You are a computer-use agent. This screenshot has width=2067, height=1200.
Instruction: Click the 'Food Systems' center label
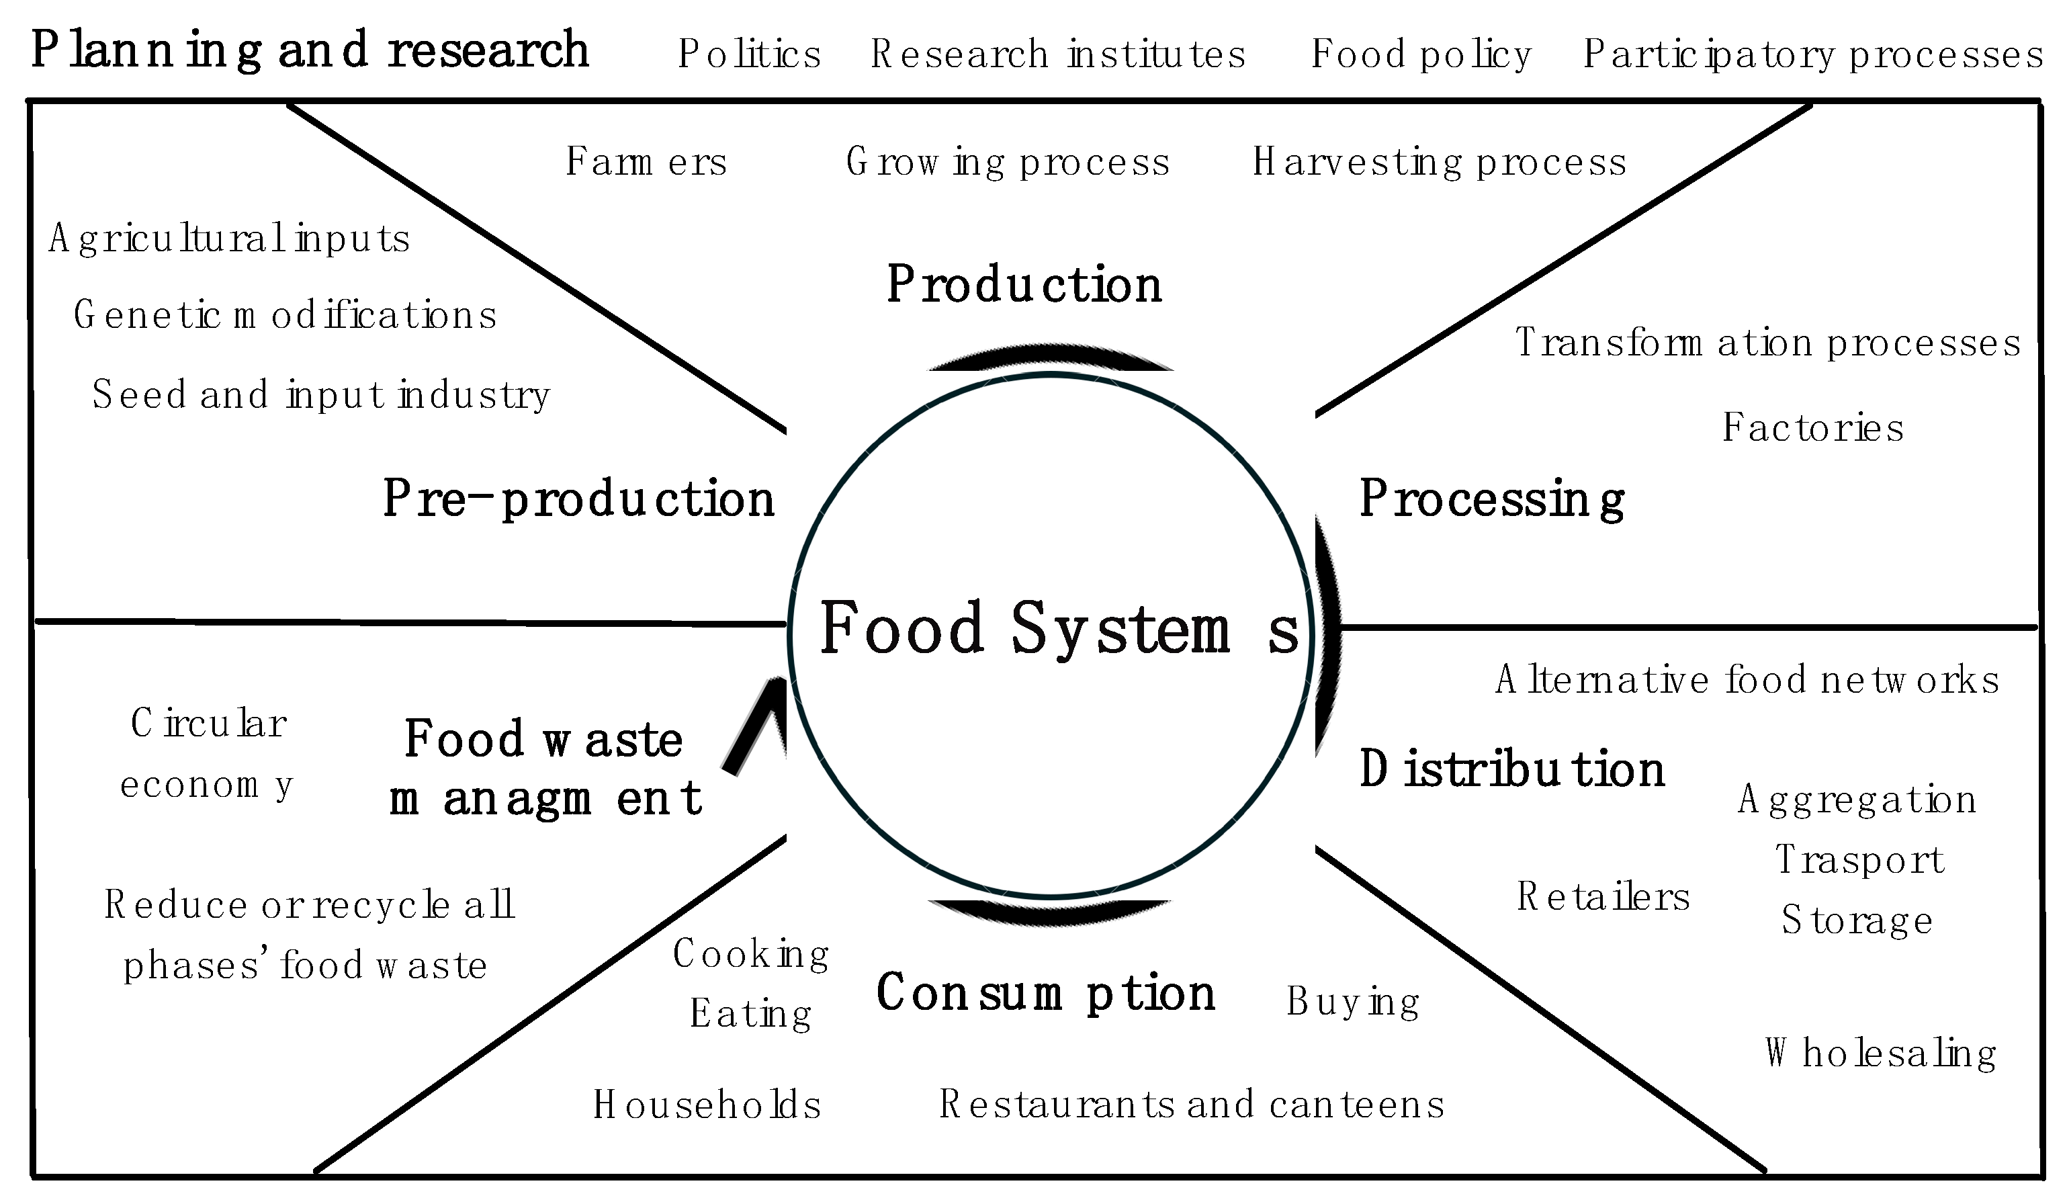1058,628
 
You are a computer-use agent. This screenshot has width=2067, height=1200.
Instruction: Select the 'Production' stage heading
1024,285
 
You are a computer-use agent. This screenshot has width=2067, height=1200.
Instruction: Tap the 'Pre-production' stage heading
578,499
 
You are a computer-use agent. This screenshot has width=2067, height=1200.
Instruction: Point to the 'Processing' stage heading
1491,499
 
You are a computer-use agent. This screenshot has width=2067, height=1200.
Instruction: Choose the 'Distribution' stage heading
1511,769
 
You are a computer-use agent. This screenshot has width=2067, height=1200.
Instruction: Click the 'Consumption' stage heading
1045,993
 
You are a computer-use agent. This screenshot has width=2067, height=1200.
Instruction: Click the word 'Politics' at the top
749,54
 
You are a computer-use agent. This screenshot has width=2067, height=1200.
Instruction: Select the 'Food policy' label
1421,54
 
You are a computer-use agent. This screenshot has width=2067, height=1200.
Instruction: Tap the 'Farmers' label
646,161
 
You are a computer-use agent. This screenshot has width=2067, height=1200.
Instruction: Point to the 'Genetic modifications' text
285,315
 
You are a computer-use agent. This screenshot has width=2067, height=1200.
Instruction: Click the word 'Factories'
1812,427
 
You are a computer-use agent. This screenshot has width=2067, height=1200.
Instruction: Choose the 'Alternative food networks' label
1747,680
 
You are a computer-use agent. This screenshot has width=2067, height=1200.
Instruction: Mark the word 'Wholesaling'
1880,1053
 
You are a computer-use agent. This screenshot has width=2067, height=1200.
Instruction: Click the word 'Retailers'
1603,896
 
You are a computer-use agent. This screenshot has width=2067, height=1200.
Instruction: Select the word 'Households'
707,1104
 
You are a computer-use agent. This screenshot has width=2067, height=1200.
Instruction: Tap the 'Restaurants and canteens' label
1191,1104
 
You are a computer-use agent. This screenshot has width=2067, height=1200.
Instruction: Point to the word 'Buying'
1352,1002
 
